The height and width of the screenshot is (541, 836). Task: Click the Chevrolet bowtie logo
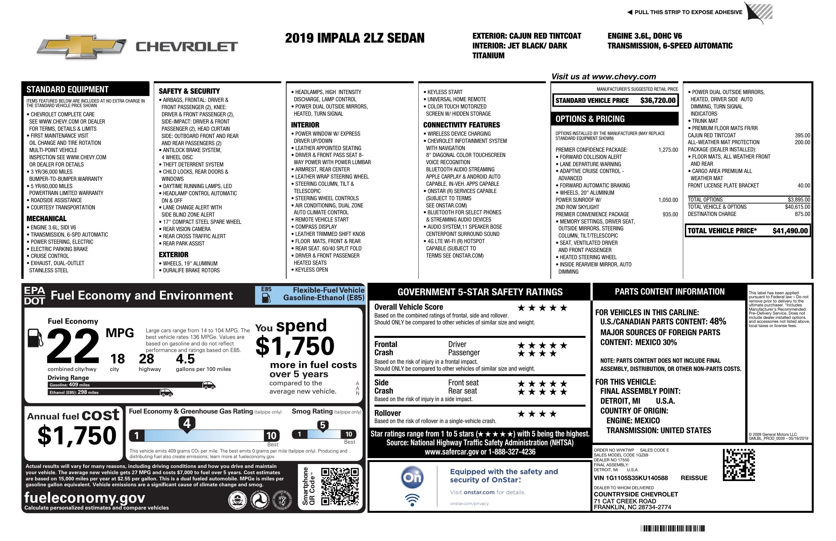[81, 47]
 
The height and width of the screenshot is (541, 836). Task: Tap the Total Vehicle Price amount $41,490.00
[790, 231]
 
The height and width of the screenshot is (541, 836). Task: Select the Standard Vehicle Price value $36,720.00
[658, 100]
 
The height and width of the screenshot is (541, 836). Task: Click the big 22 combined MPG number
[73, 346]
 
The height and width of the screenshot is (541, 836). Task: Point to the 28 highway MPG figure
[146, 359]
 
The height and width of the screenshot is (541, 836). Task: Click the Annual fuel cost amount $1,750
[77, 435]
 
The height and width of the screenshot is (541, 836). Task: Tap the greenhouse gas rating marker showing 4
[187, 424]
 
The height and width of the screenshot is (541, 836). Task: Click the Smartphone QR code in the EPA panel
[340, 486]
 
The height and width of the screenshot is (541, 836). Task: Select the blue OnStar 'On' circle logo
[412, 477]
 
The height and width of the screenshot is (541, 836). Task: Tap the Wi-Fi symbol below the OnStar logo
[412, 500]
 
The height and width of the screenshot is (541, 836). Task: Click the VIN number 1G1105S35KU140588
[630, 478]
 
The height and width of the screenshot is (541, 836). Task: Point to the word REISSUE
[694, 478]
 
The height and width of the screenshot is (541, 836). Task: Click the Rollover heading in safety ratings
[388, 413]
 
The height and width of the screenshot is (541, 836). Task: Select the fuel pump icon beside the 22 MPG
[35, 338]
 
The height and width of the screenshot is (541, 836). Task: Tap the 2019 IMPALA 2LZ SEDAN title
[354, 38]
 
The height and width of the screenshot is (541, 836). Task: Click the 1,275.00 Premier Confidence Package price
[668, 150]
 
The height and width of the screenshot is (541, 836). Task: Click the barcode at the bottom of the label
[672, 528]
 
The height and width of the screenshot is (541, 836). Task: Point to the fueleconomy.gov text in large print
[85, 498]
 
